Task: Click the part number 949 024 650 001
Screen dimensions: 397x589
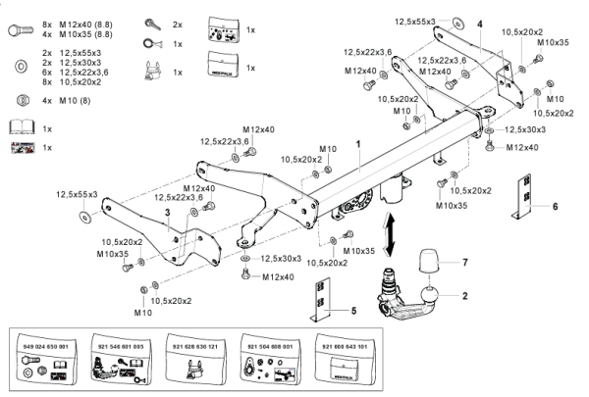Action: pyautogui.click(x=44, y=346)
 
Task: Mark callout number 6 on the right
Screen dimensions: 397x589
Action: pyautogui.click(x=555, y=208)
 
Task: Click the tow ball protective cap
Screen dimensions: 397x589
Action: pyautogui.click(x=433, y=264)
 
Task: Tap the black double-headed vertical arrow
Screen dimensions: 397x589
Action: pyautogui.click(x=392, y=236)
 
